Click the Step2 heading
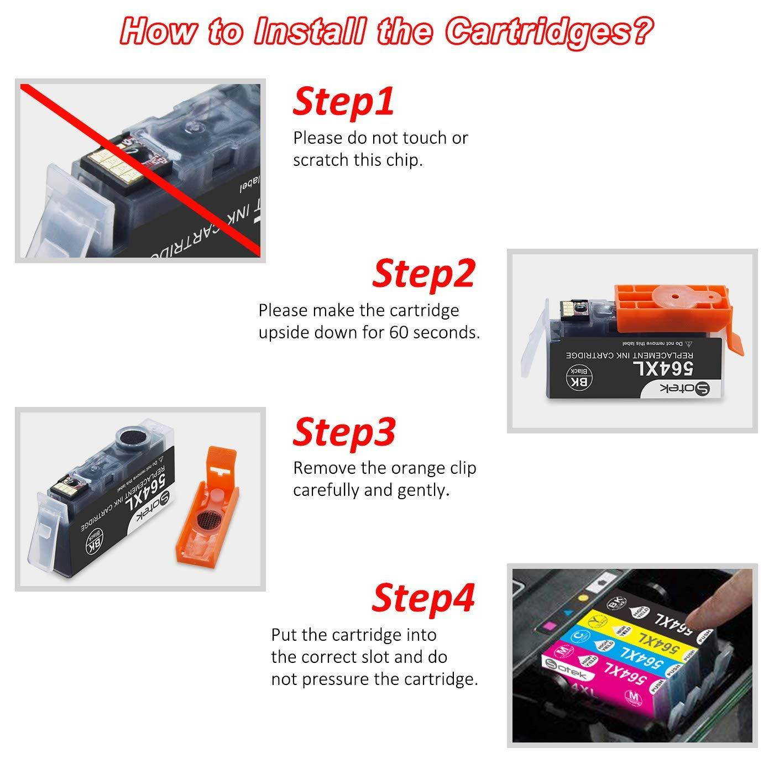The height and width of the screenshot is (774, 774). tap(423, 274)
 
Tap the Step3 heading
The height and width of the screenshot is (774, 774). tap(344, 432)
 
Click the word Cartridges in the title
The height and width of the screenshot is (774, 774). tap(546, 32)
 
